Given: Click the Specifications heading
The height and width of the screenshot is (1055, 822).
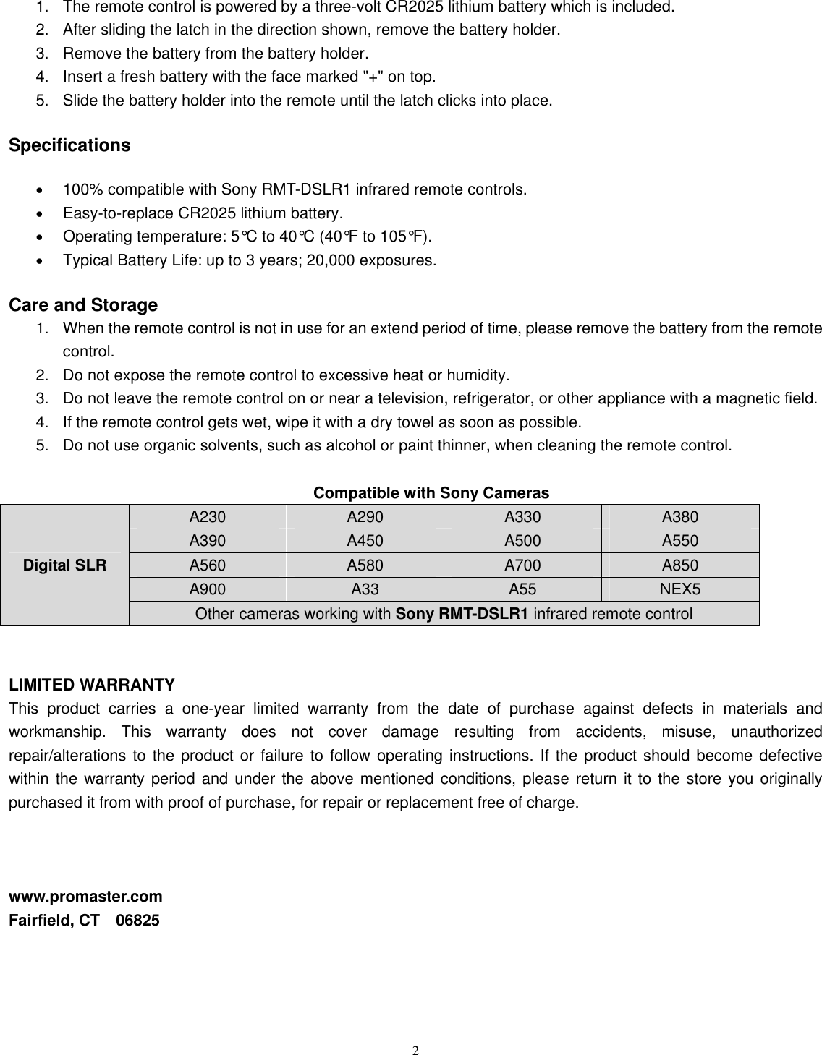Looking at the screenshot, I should (69, 145).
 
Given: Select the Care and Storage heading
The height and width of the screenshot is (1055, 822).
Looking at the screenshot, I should (82, 305).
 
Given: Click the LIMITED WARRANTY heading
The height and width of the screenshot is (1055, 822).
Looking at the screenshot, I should (91, 685).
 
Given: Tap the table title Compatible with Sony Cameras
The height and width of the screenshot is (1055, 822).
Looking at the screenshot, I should (431, 493).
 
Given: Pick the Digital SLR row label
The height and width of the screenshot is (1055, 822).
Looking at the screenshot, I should (64, 565).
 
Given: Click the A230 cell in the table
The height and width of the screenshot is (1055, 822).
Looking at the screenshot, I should (207, 517).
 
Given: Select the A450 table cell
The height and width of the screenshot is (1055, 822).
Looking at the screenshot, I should (365, 541).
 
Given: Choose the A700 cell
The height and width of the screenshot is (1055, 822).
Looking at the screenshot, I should (522, 565).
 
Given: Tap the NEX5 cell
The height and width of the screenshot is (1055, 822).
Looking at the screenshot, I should (679, 589).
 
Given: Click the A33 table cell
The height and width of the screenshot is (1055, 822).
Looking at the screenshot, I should (365, 589).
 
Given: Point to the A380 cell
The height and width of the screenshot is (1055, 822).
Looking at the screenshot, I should (679, 517).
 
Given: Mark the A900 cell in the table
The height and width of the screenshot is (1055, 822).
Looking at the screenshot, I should (207, 589).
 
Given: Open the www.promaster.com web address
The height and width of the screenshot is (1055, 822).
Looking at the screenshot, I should (85, 897).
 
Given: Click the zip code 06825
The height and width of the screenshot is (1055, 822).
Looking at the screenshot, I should (138, 921).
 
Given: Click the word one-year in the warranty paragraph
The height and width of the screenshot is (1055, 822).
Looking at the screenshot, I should (212, 709).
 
